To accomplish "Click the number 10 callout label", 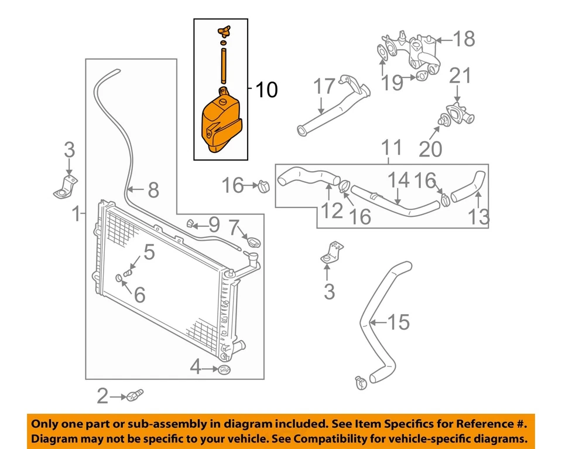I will click(266, 90).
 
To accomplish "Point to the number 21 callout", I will click(460, 76).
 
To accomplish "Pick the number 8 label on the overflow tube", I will click(153, 190).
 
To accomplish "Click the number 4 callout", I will click(196, 368).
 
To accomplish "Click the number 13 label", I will click(478, 217).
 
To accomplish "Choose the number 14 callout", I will click(400, 179).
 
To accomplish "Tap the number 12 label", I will click(332, 210).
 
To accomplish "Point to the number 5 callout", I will click(149, 253).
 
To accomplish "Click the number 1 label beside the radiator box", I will click(76, 215).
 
